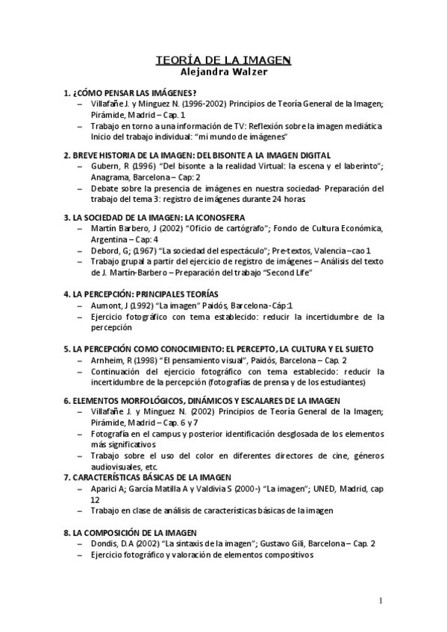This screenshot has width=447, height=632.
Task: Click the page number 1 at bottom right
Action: (381, 601)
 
